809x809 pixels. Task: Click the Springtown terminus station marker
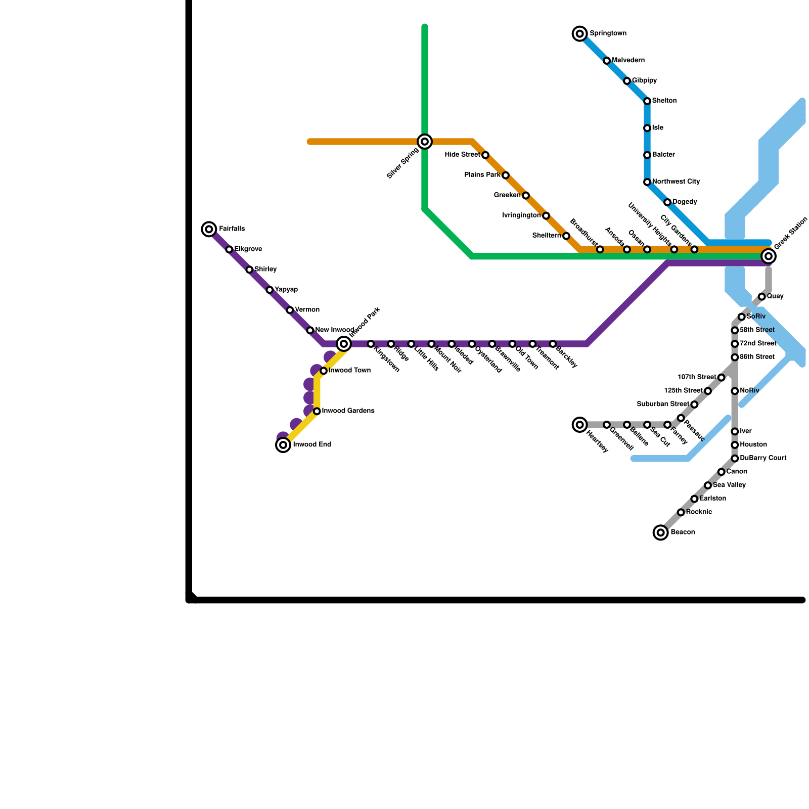tap(580, 34)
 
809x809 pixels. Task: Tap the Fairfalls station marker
tap(209, 229)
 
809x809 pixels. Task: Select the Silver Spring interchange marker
tap(425, 142)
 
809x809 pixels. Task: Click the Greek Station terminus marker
tap(769, 256)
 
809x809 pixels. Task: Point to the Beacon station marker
tap(660, 532)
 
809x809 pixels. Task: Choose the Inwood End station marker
tap(283, 445)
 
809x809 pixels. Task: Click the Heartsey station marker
tap(580, 425)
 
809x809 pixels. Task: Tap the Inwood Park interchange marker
tap(344, 344)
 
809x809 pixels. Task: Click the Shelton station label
tap(664, 101)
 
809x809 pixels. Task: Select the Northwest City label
tap(676, 182)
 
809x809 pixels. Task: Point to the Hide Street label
tap(462, 155)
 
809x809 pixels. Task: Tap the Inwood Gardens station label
tap(348, 411)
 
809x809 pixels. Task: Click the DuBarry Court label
tap(763, 458)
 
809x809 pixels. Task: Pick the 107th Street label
tap(697, 377)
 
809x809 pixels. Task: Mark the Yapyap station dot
tap(269, 290)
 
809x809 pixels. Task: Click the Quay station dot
tap(761, 297)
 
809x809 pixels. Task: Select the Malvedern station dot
tap(607, 61)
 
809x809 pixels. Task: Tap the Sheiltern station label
tap(547, 236)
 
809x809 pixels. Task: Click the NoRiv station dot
tap(735, 391)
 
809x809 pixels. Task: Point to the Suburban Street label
tap(663, 404)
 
